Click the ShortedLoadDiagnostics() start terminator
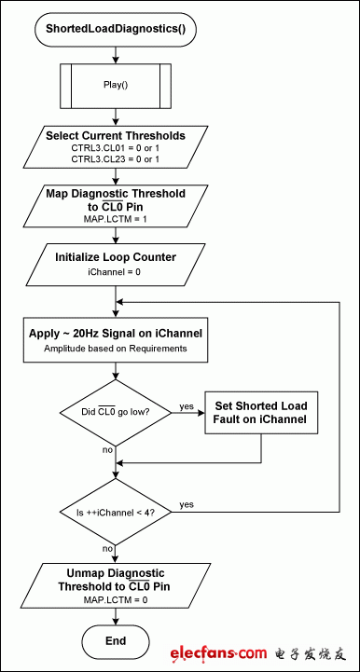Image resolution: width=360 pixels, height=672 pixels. click(115, 29)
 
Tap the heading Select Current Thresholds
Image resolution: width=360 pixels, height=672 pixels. click(116, 135)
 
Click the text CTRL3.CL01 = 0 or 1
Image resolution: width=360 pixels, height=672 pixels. click(116, 147)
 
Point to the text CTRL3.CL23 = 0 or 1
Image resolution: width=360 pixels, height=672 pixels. click(116, 158)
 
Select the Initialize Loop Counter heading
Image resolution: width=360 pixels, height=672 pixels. click(116, 256)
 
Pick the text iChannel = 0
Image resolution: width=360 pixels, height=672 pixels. click(116, 270)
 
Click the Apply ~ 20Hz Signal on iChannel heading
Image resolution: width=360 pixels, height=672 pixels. click(116, 333)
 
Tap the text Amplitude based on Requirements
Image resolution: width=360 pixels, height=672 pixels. click(116, 347)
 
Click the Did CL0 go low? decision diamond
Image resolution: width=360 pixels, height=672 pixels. click(115, 411)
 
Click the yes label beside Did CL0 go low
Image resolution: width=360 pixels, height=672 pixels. click(186, 405)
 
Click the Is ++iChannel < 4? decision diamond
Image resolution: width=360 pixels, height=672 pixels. click(115, 512)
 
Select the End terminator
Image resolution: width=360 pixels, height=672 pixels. click(116, 641)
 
